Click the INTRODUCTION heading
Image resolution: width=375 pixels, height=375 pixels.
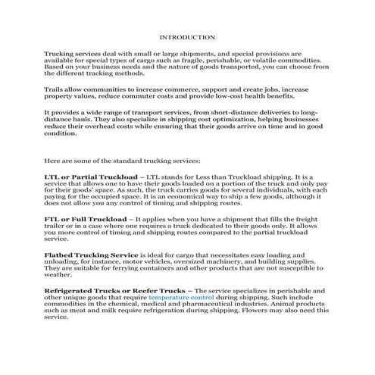188,36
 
